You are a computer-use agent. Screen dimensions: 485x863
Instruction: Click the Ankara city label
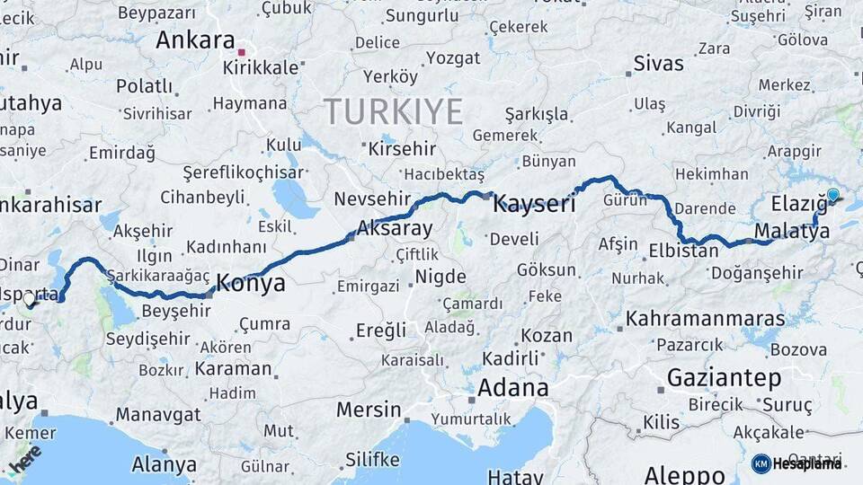click(x=194, y=40)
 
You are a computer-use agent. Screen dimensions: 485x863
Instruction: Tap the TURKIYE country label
click(x=394, y=111)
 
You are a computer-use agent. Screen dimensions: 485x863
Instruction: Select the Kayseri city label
click(x=534, y=205)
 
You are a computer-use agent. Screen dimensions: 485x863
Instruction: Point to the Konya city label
click(x=253, y=284)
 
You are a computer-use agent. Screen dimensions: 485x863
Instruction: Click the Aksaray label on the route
click(x=395, y=228)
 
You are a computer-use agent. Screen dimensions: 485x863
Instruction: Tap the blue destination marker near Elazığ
click(x=833, y=195)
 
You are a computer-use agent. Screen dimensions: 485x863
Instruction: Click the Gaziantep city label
click(x=724, y=377)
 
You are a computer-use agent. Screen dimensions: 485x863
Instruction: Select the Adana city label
click(x=512, y=388)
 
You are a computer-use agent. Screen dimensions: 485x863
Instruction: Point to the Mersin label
click(x=369, y=410)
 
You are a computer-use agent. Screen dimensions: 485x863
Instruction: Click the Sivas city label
click(x=658, y=64)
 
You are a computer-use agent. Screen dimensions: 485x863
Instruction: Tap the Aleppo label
click(x=684, y=473)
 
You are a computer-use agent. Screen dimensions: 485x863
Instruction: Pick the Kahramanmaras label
click(x=692, y=319)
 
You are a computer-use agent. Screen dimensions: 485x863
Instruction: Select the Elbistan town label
click(x=683, y=251)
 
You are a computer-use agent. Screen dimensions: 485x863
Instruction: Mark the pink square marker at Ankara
click(x=241, y=40)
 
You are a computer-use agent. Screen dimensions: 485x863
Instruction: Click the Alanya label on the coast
click(x=164, y=464)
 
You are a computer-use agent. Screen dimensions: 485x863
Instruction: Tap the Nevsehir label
click(x=371, y=198)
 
